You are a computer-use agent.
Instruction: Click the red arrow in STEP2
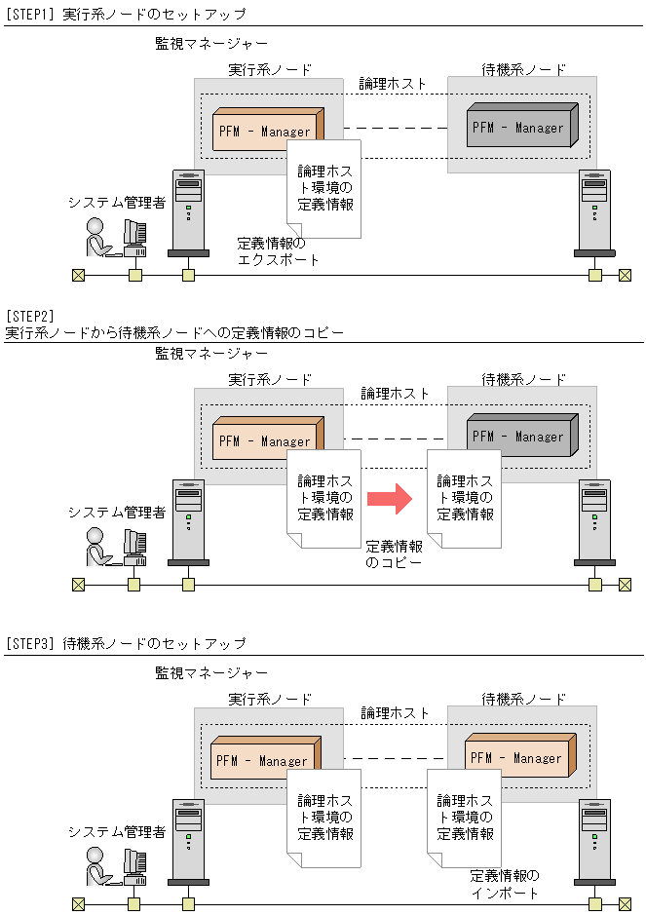click(x=389, y=499)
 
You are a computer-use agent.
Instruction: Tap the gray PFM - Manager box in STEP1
click(x=521, y=126)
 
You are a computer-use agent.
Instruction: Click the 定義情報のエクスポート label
click(x=279, y=251)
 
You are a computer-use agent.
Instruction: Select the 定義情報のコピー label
click(x=395, y=554)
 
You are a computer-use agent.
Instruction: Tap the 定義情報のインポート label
click(x=504, y=884)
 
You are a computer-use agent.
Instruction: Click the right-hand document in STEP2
click(x=465, y=498)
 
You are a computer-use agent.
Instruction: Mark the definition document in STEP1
click(x=324, y=188)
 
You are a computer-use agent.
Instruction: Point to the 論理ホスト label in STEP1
click(x=394, y=84)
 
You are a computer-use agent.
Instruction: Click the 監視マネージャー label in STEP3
click(x=211, y=673)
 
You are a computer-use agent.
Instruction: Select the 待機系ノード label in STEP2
click(x=524, y=379)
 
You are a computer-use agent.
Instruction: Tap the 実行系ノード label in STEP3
click(x=270, y=700)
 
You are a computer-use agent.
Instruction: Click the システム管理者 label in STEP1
click(x=116, y=202)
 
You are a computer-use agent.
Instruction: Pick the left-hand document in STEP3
click(x=324, y=817)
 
